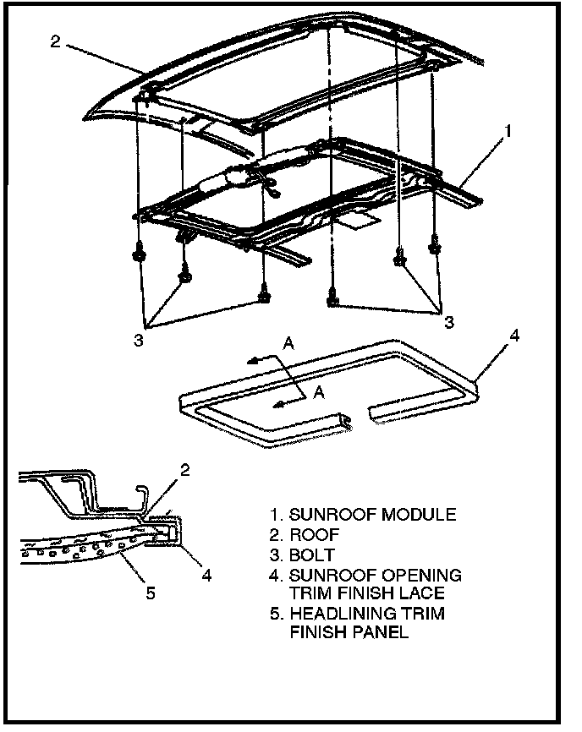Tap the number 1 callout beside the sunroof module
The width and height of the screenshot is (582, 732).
click(508, 131)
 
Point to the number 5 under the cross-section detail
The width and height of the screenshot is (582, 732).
click(150, 593)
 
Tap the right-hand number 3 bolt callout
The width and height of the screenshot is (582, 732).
click(450, 322)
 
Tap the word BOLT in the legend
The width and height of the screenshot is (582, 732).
click(313, 555)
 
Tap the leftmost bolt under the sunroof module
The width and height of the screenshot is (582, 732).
click(136, 253)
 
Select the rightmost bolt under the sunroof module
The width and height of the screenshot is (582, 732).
click(435, 245)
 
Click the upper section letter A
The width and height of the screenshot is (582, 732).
click(289, 346)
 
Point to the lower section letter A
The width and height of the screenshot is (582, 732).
click(318, 391)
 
